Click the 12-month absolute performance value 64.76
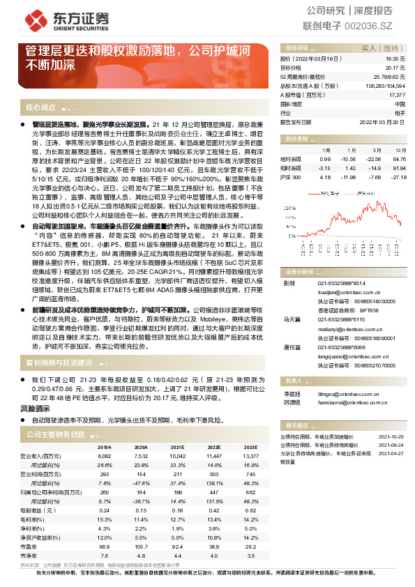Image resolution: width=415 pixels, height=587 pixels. [398, 160]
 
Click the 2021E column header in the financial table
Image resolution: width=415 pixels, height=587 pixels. [177, 447]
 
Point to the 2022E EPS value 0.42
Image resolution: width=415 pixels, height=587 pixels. [214, 509]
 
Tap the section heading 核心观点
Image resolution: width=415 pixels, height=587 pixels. [40, 108]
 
